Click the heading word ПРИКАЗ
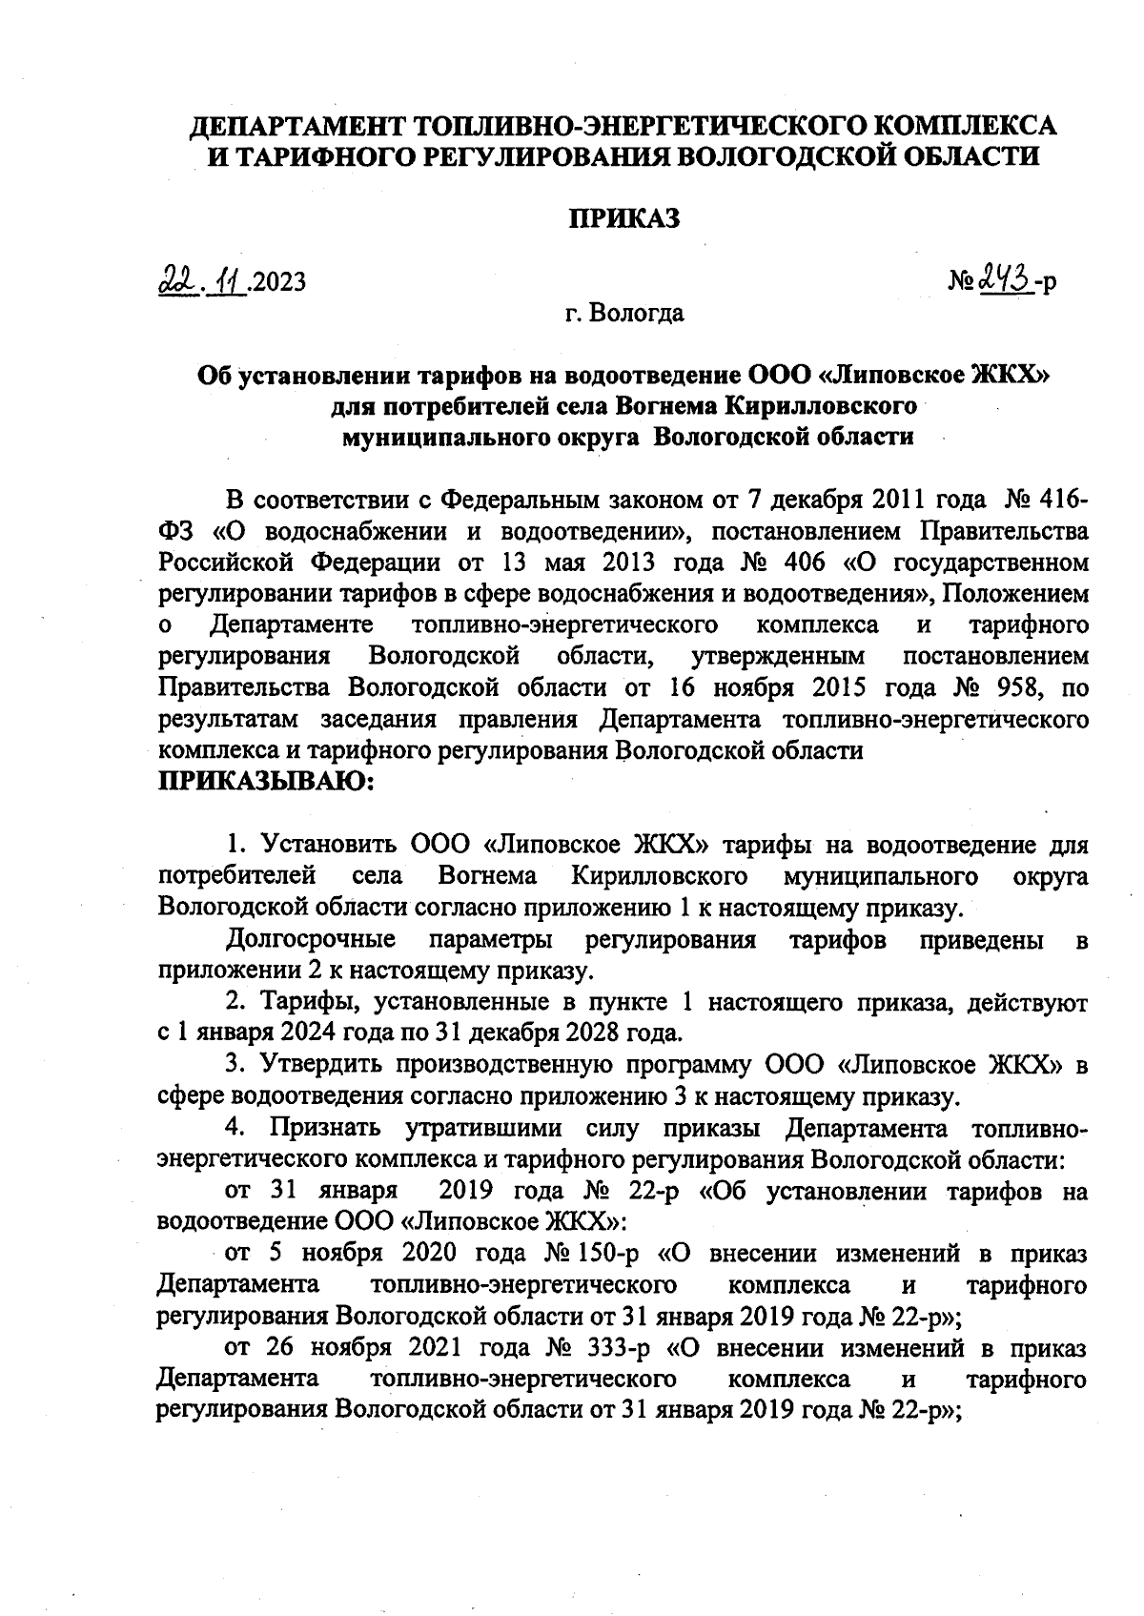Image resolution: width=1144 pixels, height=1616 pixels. coord(624,219)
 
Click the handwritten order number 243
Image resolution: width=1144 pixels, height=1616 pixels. coord(1006,280)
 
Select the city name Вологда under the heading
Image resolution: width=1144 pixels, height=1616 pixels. coord(638,313)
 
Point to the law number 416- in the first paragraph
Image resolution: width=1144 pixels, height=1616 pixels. coord(1061,499)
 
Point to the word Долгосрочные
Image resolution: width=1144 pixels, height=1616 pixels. coord(311,940)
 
